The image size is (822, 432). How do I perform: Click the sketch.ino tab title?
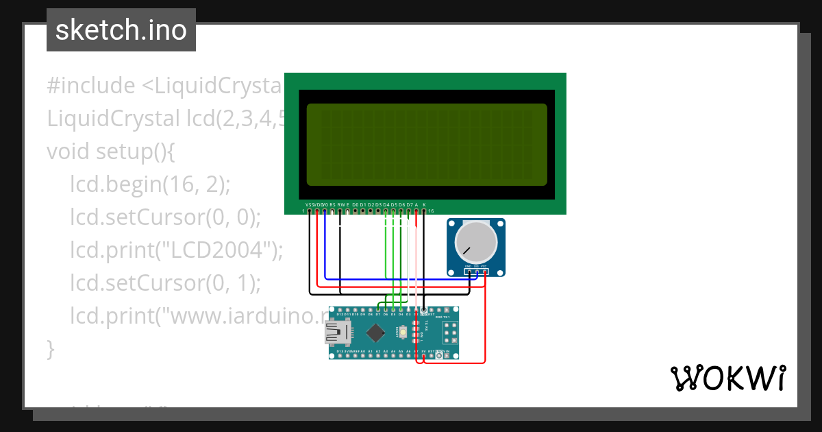tap(121, 30)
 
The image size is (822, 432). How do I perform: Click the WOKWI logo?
tap(727, 378)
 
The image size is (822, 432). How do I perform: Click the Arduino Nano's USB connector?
tap(338, 333)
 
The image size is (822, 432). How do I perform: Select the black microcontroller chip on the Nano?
tap(375, 333)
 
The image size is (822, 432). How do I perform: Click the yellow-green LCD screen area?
tap(427, 145)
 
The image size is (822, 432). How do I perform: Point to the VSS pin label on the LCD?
tap(310, 205)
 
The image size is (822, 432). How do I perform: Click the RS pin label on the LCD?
tap(333, 205)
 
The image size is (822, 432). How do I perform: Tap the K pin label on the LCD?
tap(424, 205)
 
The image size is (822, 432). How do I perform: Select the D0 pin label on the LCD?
tap(356, 205)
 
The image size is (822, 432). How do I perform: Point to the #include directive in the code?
tap(91, 86)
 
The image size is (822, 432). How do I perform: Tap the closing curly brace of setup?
tap(50, 348)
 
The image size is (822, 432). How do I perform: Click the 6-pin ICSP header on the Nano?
tap(451, 335)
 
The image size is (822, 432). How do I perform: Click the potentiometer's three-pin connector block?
tap(476, 272)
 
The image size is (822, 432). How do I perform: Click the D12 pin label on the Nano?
tap(332, 315)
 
